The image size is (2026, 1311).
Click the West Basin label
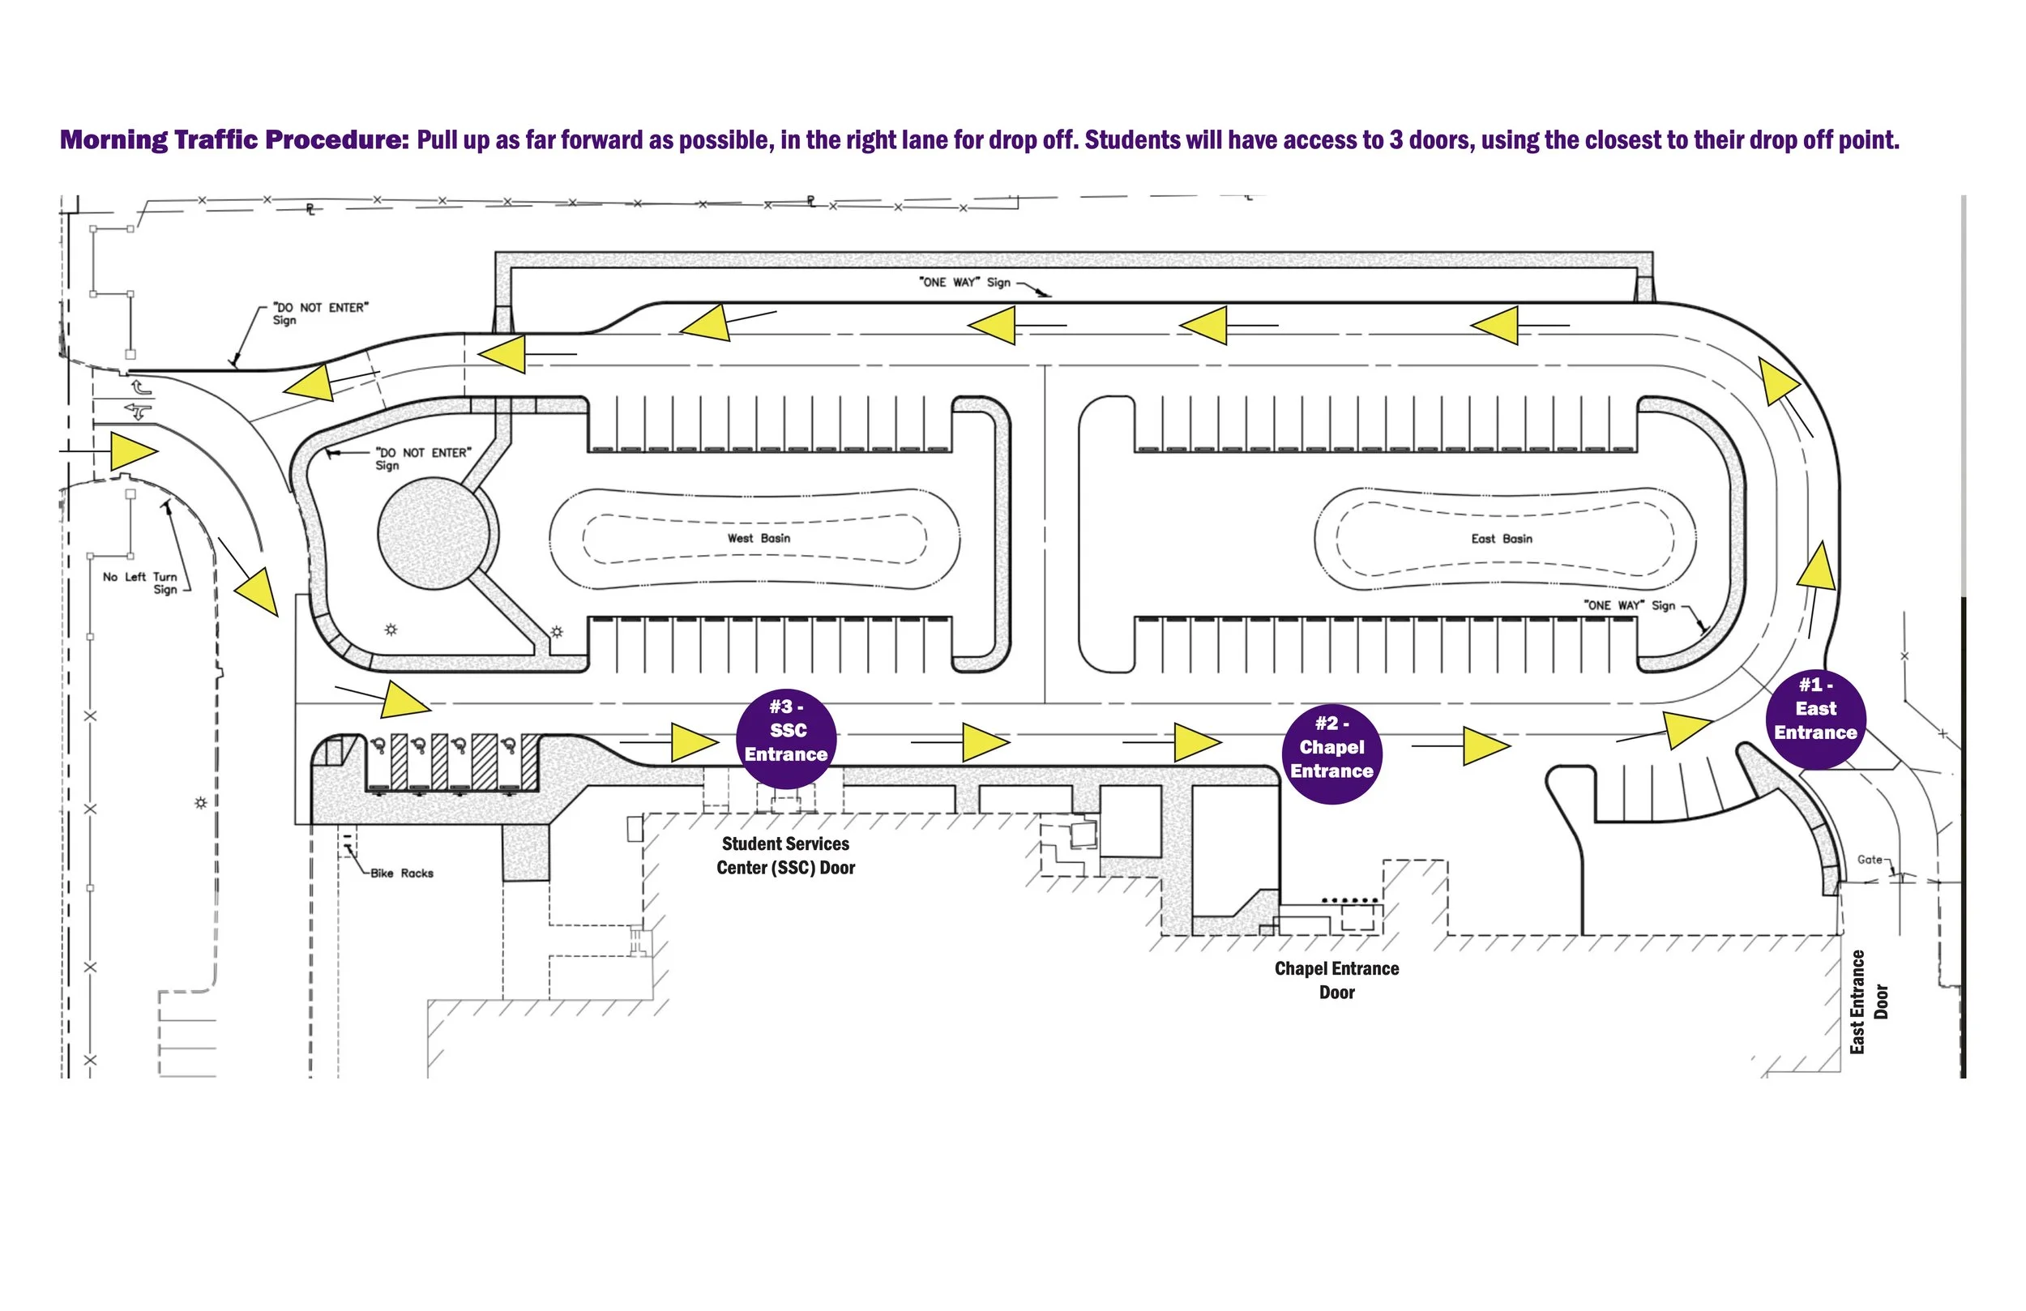pos(759,539)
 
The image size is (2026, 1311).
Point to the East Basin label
pos(1502,539)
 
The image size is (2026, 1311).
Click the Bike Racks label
pos(402,873)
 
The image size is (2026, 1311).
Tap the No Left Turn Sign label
pos(140,583)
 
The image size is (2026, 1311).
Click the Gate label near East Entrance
pos(1870,860)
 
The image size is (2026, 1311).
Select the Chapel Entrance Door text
pos(1336,980)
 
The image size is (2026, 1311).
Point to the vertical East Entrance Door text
pos(1869,1002)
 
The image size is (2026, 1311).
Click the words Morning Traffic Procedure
pos(235,139)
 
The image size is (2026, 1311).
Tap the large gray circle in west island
pos(434,533)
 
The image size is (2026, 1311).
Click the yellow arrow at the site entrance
pos(133,451)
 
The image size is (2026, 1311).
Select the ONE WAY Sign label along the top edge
pos(964,283)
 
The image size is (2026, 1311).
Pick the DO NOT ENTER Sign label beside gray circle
pos(423,459)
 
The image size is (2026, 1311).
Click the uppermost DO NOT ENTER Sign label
pos(320,314)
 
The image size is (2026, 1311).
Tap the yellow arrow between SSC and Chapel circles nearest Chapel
pos(1196,742)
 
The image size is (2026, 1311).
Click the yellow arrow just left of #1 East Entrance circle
pos(1685,729)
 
